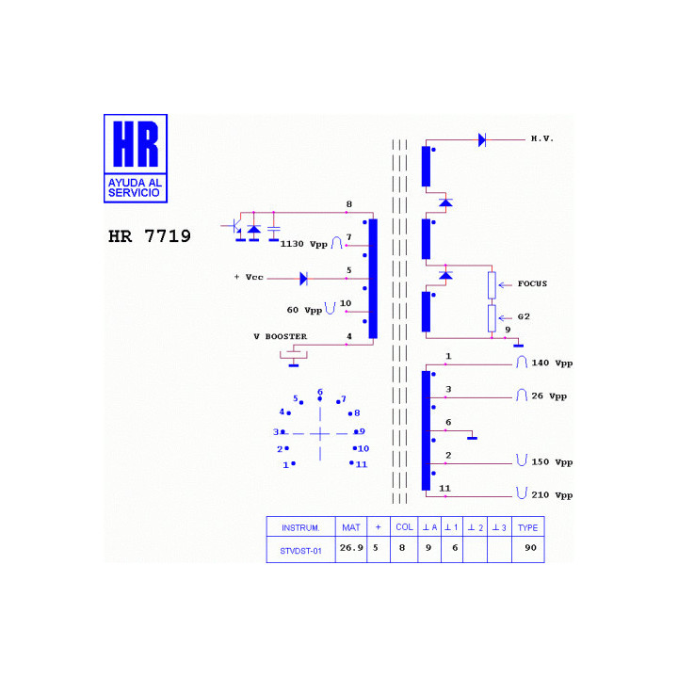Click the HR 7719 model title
(149, 236)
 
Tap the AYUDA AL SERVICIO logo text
(135, 187)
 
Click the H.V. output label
(542, 138)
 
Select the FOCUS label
(532, 283)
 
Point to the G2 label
(524, 316)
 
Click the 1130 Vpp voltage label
(303, 244)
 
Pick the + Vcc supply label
(249, 277)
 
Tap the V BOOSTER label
(281, 336)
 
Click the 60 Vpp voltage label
(304, 310)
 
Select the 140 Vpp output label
(552, 363)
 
